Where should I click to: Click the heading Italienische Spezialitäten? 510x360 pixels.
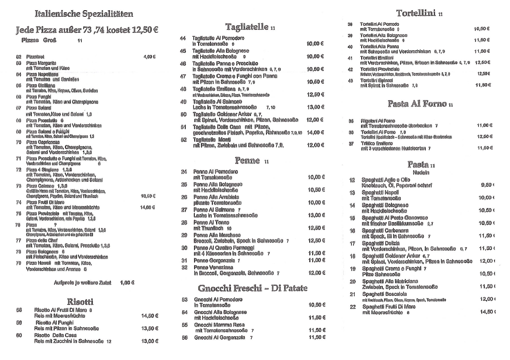click(x=84, y=14)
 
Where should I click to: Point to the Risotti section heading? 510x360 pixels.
click(x=81, y=302)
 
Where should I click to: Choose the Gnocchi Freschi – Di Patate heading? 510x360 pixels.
click(x=252, y=287)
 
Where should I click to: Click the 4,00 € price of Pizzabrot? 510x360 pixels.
click(x=150, y=56)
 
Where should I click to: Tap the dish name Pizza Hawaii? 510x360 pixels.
click(x=39, y=264)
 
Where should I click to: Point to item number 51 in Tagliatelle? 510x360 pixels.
click(x=183, y=127)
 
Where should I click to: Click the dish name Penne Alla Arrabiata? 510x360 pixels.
click(x=215, y=197)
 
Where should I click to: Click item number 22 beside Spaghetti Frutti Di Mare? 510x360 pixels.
click(x=352, y=307)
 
